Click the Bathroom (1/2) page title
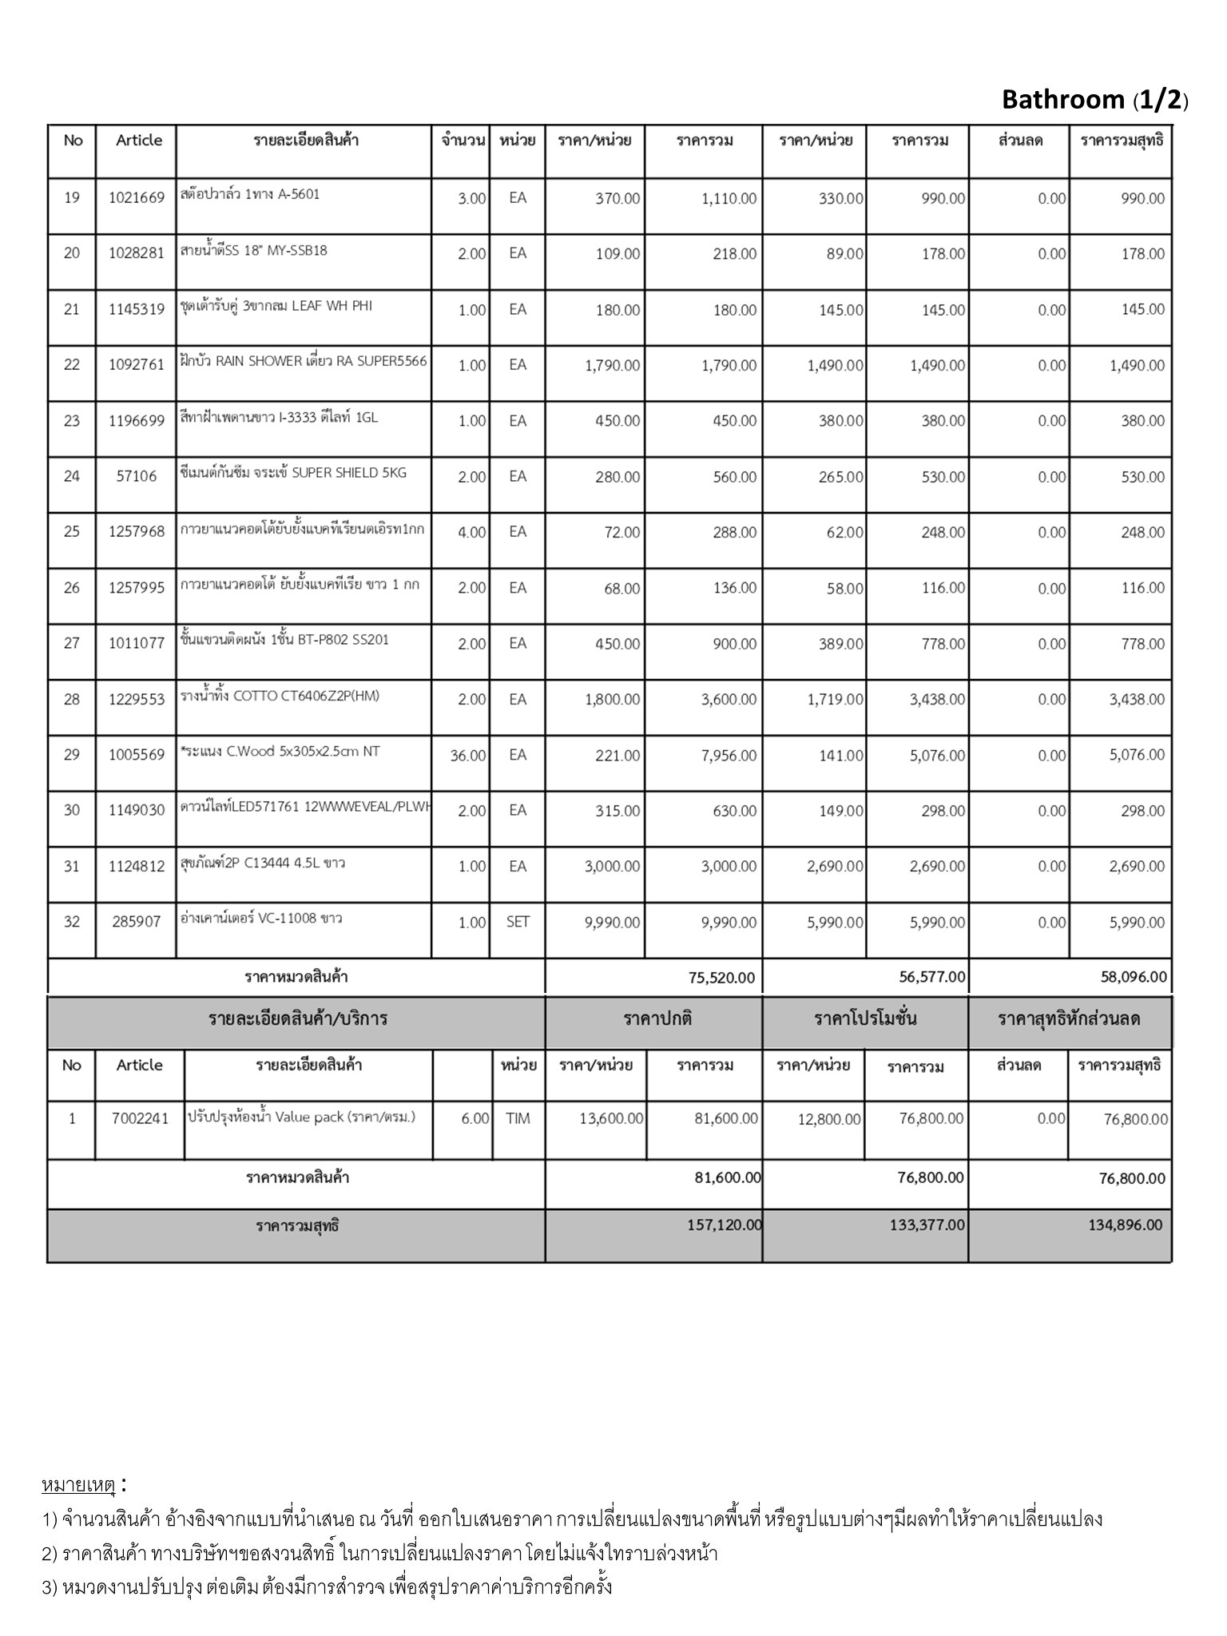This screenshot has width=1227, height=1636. coord(1094,100)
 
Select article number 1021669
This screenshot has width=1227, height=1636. coord(136,198)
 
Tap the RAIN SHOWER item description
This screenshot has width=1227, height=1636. coord(304,361)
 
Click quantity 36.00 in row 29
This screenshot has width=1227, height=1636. coord(467,756)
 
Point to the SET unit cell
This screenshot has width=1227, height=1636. coord(518,922)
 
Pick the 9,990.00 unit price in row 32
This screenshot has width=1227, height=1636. coord(612,923)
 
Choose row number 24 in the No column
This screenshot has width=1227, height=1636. coord(72,477)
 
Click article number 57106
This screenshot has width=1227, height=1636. coord(136,477)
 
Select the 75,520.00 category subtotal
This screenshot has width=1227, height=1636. coord(721,978)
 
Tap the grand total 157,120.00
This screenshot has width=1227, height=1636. coord(724,1225)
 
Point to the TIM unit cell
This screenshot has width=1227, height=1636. coord(518,1119)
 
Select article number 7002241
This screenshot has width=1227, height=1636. coord(140,1119)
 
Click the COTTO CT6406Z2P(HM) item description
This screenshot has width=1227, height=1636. coord(280,696)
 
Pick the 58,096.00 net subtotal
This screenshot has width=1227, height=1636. coord(1133,977)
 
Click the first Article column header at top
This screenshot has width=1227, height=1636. coord(139,141)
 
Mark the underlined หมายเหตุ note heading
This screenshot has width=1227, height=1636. coord(78,1486)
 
